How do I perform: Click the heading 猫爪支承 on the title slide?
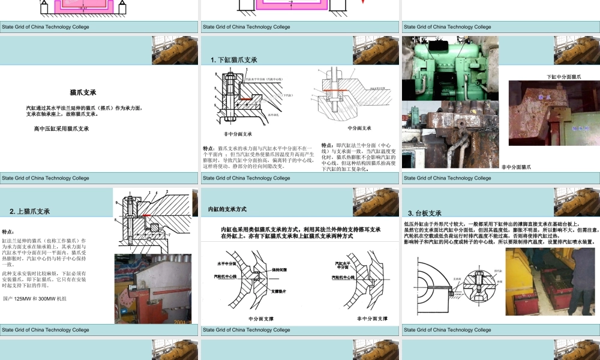(83, 93)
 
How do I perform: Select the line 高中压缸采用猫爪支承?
(62, 128)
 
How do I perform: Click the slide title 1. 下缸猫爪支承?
(234, 60)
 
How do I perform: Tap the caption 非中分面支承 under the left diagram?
(238, 134)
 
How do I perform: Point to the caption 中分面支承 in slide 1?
(359, 128)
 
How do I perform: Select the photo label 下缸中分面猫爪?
(563, 77)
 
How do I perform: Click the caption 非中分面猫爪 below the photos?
(517, 167)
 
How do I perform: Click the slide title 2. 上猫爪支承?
(30, 211)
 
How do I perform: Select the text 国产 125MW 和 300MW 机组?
(35, 298)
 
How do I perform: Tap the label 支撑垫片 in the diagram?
(281, 292)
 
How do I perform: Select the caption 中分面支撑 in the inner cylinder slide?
(261, 319)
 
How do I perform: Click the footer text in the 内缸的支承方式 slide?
(247, 329)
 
